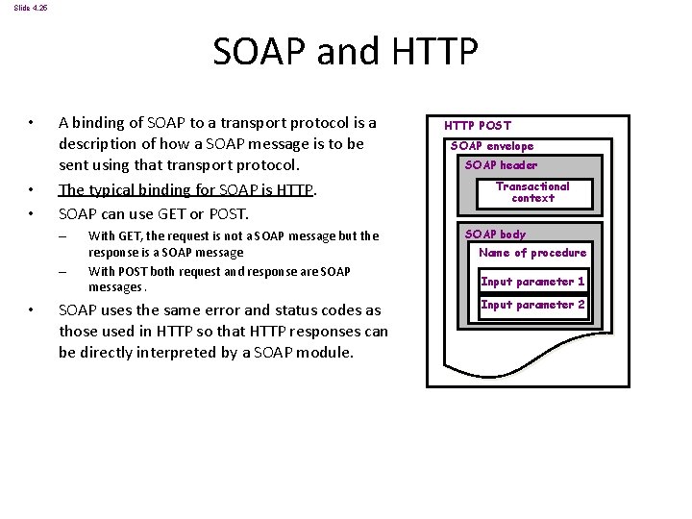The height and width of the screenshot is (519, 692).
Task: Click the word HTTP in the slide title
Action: [431, 52]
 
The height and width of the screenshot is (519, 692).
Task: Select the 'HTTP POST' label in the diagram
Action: [478, 125]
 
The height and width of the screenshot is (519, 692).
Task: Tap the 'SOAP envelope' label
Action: [492, 146]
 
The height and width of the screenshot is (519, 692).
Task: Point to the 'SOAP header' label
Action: [501, 165]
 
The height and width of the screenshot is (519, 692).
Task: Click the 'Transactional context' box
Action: [532, 192]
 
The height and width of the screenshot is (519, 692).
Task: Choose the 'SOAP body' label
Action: [495, 234]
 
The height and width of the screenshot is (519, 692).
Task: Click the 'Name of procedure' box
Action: [532, 253]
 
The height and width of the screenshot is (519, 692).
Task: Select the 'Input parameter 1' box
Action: [532, 282]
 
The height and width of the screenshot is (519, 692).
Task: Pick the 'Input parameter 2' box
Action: [532, 305]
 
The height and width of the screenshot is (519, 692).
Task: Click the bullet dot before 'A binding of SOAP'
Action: [32, 123]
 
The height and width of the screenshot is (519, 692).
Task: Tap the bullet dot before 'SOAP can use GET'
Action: [32, 213]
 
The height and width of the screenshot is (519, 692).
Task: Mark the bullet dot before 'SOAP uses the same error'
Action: [32, 309]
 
